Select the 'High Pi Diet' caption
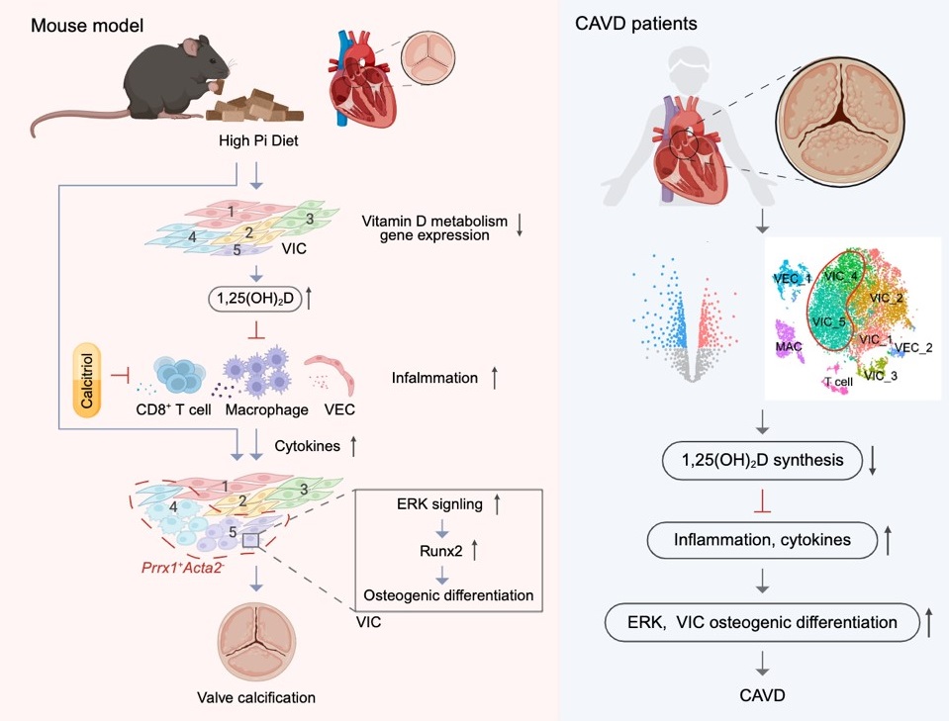pyautogui.click(x=259, y=140)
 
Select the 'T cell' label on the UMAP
pyautogui.click(x=837, y=381)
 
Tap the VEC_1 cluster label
pyautogui.click(x=792, y=279)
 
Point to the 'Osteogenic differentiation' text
pyautogui.click(x=448, y=594)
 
